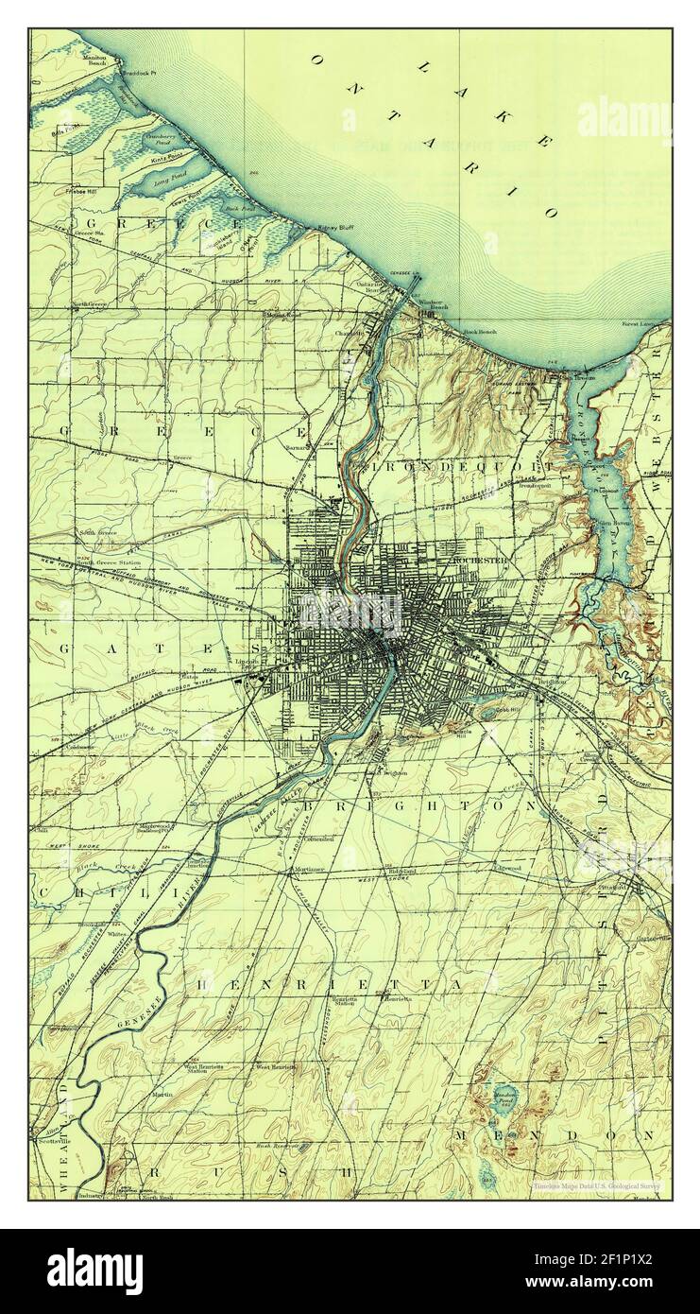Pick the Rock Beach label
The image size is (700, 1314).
(480, 332)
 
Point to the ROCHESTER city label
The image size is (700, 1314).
(481, 561)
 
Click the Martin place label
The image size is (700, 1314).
(161, 1094)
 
